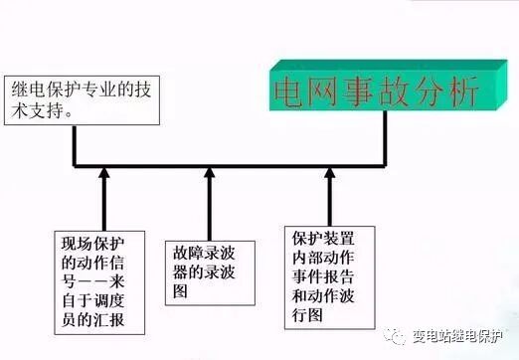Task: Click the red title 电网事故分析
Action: [376, 91]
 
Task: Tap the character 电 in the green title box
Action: [290, 91]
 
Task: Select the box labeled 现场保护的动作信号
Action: [94, 281]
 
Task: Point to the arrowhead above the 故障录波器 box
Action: [209, 176]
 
